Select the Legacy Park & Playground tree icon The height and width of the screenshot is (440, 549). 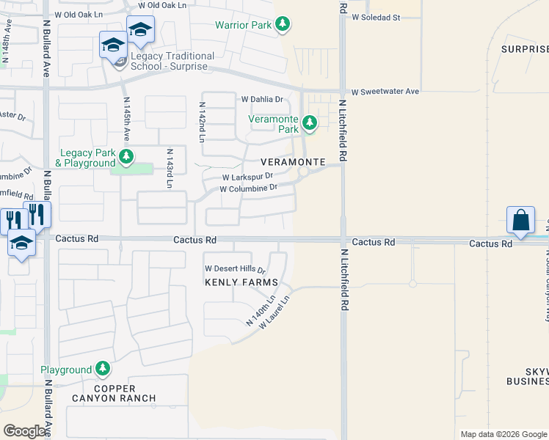127,155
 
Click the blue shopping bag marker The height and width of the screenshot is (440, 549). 520,220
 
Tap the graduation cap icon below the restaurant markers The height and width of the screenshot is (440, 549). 21,243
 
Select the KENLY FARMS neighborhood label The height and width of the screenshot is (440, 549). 241,282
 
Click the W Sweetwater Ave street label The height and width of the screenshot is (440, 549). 385,92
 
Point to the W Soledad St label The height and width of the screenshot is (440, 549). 375,16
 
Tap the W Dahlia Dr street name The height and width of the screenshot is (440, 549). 262,99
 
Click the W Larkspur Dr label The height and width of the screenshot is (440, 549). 248,177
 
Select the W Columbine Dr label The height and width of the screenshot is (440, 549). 248,188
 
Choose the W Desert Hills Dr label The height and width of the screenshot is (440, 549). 235,270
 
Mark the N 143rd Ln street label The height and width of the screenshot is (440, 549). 170,168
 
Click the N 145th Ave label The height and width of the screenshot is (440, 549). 126,120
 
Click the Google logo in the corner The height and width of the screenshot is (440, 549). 24,431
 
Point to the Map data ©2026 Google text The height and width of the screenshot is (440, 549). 503,434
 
